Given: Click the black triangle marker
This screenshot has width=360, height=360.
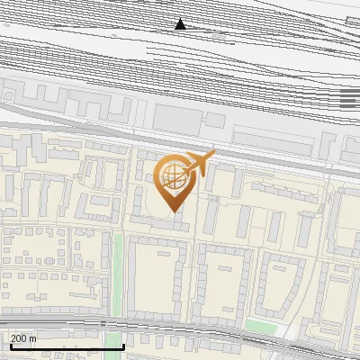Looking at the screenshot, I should point(181,24).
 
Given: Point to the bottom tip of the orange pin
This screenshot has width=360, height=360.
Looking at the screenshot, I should point(173,212).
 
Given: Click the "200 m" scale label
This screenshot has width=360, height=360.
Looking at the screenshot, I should point(23,338).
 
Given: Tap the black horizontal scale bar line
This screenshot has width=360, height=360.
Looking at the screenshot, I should point(63,346).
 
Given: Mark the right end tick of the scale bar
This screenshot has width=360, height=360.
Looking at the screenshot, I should point(122,345).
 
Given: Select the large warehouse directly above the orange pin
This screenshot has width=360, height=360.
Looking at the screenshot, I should point(175,118).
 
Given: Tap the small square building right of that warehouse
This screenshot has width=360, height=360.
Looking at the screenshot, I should point(216,121).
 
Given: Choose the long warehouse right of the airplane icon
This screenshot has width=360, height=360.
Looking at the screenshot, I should point(270,136).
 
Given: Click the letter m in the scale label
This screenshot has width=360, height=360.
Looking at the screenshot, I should point(32,338).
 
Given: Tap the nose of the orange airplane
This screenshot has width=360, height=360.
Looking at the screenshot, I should point(213,154).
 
